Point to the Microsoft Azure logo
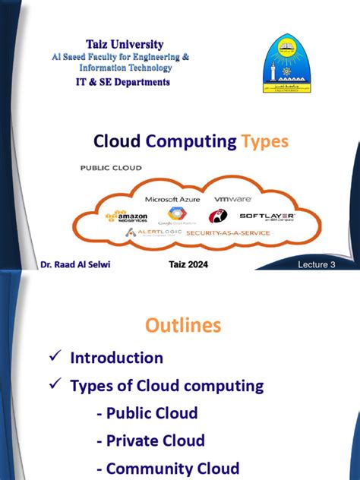click(172, 199)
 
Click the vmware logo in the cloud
click(232, 199)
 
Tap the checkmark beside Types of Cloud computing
click(54, 386)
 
